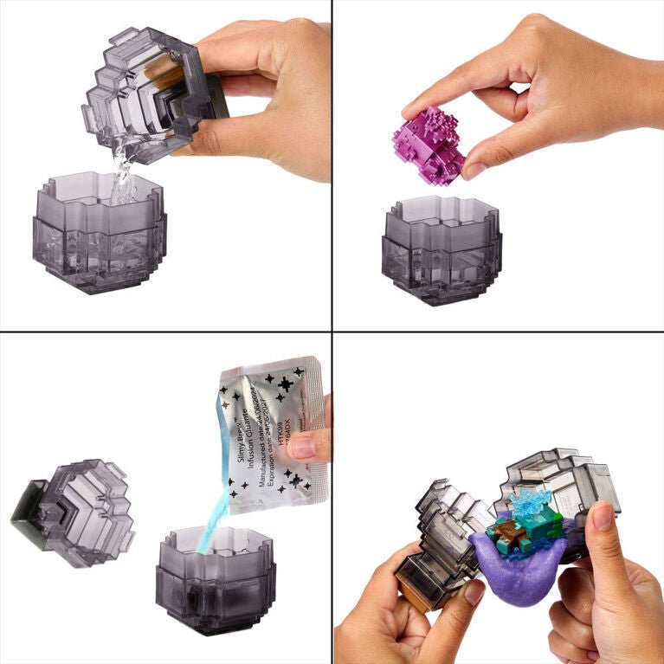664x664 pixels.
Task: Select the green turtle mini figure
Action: (511, 530)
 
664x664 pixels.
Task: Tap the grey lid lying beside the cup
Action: (74, 511)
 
